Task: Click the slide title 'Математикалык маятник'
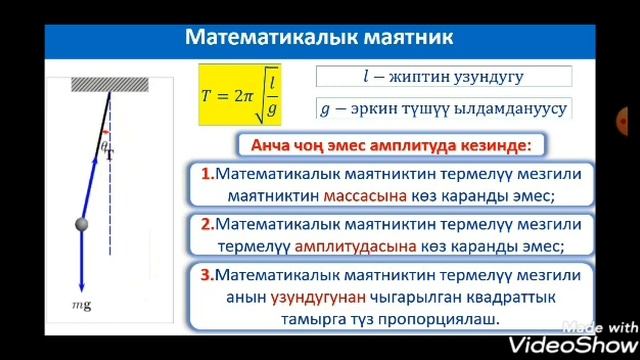coord(320,38)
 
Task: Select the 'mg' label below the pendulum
coord(81,305)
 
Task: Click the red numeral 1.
coord(206,174)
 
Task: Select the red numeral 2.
coord(207,224)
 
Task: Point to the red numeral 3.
coord(207,274)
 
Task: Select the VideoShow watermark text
coord(589,343)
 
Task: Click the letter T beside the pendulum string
coord(108,156)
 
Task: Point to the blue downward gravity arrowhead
coord(80,286)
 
